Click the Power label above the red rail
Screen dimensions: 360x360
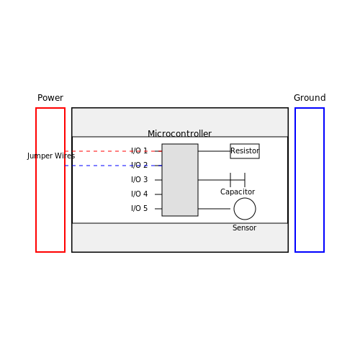pyautogui.click(x=50, y=98)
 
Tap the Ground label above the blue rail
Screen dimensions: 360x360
pyautogui.click(x=310, y=98)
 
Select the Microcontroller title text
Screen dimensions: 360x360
pyautogui.click(x=179, y=134)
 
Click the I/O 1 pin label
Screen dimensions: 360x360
pyautogui.click(x=139, y=150)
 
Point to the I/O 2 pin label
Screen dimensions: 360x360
pyautogui.click(x=139, y=165)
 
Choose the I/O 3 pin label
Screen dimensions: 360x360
pyautogui.click(x=139, y=179)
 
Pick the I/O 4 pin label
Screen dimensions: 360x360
pyautogui.click(x=139, y=194)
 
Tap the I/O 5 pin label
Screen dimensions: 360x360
pyautogui.click(x=139, y=208)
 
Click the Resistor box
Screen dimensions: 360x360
pyautogui.click(x=245, y=151)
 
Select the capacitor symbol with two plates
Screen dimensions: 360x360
pyautogui.click(x=238, y=180)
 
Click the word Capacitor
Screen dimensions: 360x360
pyautogui.click(x=238, y=192)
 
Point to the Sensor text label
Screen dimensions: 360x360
pyautogui.click(x=244, y=228)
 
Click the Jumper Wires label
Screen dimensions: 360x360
pyautogui.click(x=51, y=156)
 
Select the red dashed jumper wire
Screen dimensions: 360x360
pyautogui.click(x=113, y=151)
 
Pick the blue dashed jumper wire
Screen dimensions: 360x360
pyautogui.click(x=113, y=166)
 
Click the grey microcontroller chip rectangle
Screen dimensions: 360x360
pyautogui.click(x=180, y=180)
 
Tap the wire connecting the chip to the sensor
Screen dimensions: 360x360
pyautogui.click(x=215, y=209)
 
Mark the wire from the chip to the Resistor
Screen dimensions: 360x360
pyautogui.click(x=215, y=151)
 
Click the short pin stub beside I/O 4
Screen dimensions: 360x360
pyautogui.click(x=158, y=194)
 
